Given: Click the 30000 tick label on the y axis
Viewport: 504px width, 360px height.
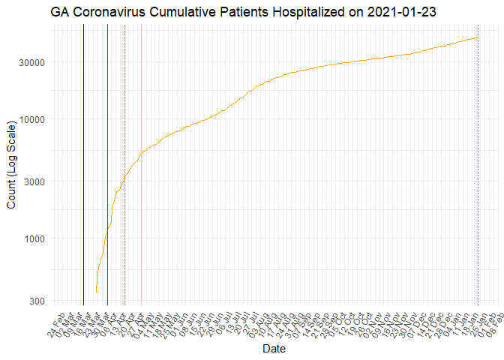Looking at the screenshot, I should point(31,62).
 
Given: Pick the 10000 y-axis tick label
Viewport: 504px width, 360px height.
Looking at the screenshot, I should point(31,119).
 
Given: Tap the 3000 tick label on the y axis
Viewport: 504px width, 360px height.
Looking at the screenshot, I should point(34,181).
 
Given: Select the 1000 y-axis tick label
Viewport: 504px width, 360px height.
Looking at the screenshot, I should point(34,238).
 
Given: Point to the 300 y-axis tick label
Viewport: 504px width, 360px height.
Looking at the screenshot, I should point(36,301).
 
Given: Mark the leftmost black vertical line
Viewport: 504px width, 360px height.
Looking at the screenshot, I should point(83,165).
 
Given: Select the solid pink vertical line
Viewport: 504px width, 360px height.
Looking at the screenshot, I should point(141,165).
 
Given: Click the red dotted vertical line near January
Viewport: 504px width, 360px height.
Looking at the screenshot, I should point(478,165).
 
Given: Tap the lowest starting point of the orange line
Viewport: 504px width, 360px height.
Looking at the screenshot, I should point(96,292).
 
